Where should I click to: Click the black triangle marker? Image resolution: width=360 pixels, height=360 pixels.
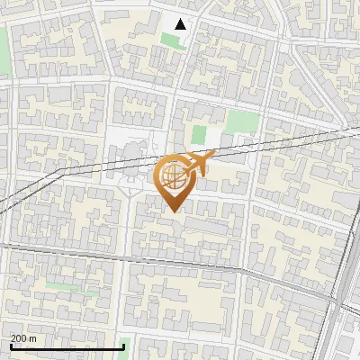181,24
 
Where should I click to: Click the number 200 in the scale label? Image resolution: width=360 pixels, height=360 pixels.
19,338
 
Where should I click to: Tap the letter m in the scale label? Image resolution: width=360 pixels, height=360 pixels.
33,338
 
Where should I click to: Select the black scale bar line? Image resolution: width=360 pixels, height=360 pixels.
67,346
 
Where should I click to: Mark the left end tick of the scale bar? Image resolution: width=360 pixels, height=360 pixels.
11,346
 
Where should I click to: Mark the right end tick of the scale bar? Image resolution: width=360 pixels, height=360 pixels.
124,346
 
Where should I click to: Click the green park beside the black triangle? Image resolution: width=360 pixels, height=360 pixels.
170,40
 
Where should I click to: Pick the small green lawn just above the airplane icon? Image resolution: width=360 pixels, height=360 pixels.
199,135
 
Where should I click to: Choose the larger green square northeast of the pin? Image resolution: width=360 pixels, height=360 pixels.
238,122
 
